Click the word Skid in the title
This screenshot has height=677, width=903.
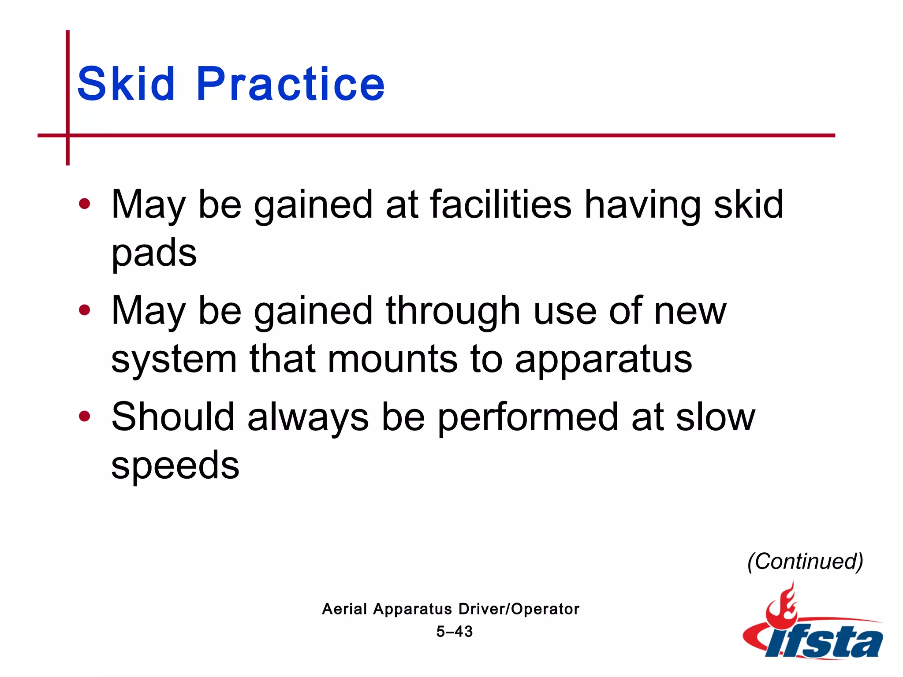point(126,84)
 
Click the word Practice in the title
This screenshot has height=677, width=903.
point(291,84)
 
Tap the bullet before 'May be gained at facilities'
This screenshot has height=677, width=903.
point(84,204)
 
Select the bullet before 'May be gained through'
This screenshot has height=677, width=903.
point(84,310)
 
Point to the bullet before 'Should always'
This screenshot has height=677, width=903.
point(84,416)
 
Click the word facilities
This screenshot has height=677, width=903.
point(501,204)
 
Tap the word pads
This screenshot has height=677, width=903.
point(154,253)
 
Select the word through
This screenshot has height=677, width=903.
point(453,311)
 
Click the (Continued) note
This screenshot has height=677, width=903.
point(805,562)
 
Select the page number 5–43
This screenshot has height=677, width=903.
point(455,632)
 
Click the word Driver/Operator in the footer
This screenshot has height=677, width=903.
point(519,609)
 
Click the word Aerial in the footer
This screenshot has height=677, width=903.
point(344,609)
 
